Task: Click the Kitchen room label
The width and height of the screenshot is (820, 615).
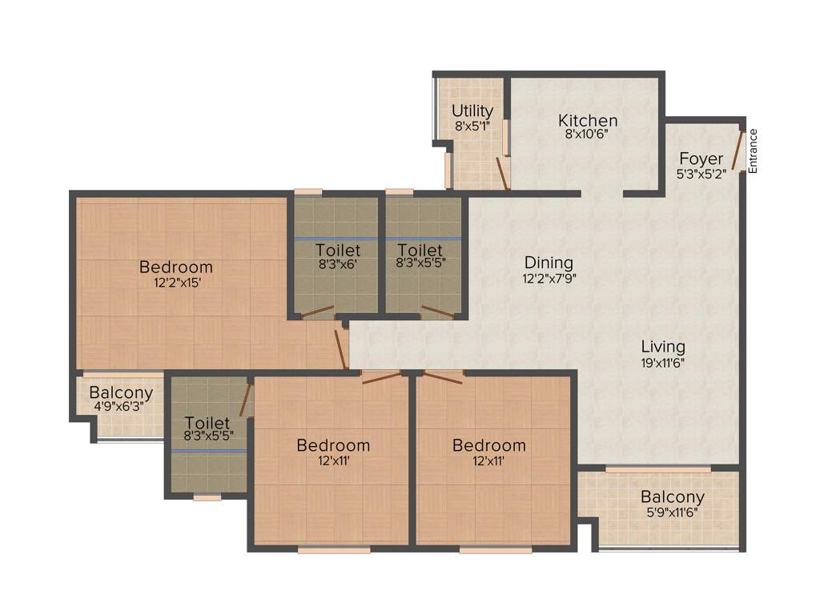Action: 588,121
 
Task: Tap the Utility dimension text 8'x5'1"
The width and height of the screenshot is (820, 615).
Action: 472,126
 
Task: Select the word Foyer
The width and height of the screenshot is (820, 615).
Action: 701,159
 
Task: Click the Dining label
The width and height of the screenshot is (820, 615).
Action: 549,263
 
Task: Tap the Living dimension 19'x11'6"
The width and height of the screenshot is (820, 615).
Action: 663,362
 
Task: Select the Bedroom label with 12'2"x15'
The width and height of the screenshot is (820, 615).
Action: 176,267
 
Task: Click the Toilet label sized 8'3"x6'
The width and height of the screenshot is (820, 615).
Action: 337,249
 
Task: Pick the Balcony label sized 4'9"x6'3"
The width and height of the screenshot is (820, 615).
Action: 121,393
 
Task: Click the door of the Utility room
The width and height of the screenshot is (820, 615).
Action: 501,172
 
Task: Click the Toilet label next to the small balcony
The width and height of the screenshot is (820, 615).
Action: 207,423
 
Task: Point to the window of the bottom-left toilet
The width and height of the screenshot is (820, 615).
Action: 207,497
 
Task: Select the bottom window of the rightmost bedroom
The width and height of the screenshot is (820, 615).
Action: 495,550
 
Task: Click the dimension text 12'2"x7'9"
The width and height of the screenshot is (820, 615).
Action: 549,279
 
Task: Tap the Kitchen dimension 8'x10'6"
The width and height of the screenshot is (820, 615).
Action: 588,135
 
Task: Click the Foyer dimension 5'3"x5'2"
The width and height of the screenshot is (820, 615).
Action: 701,174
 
